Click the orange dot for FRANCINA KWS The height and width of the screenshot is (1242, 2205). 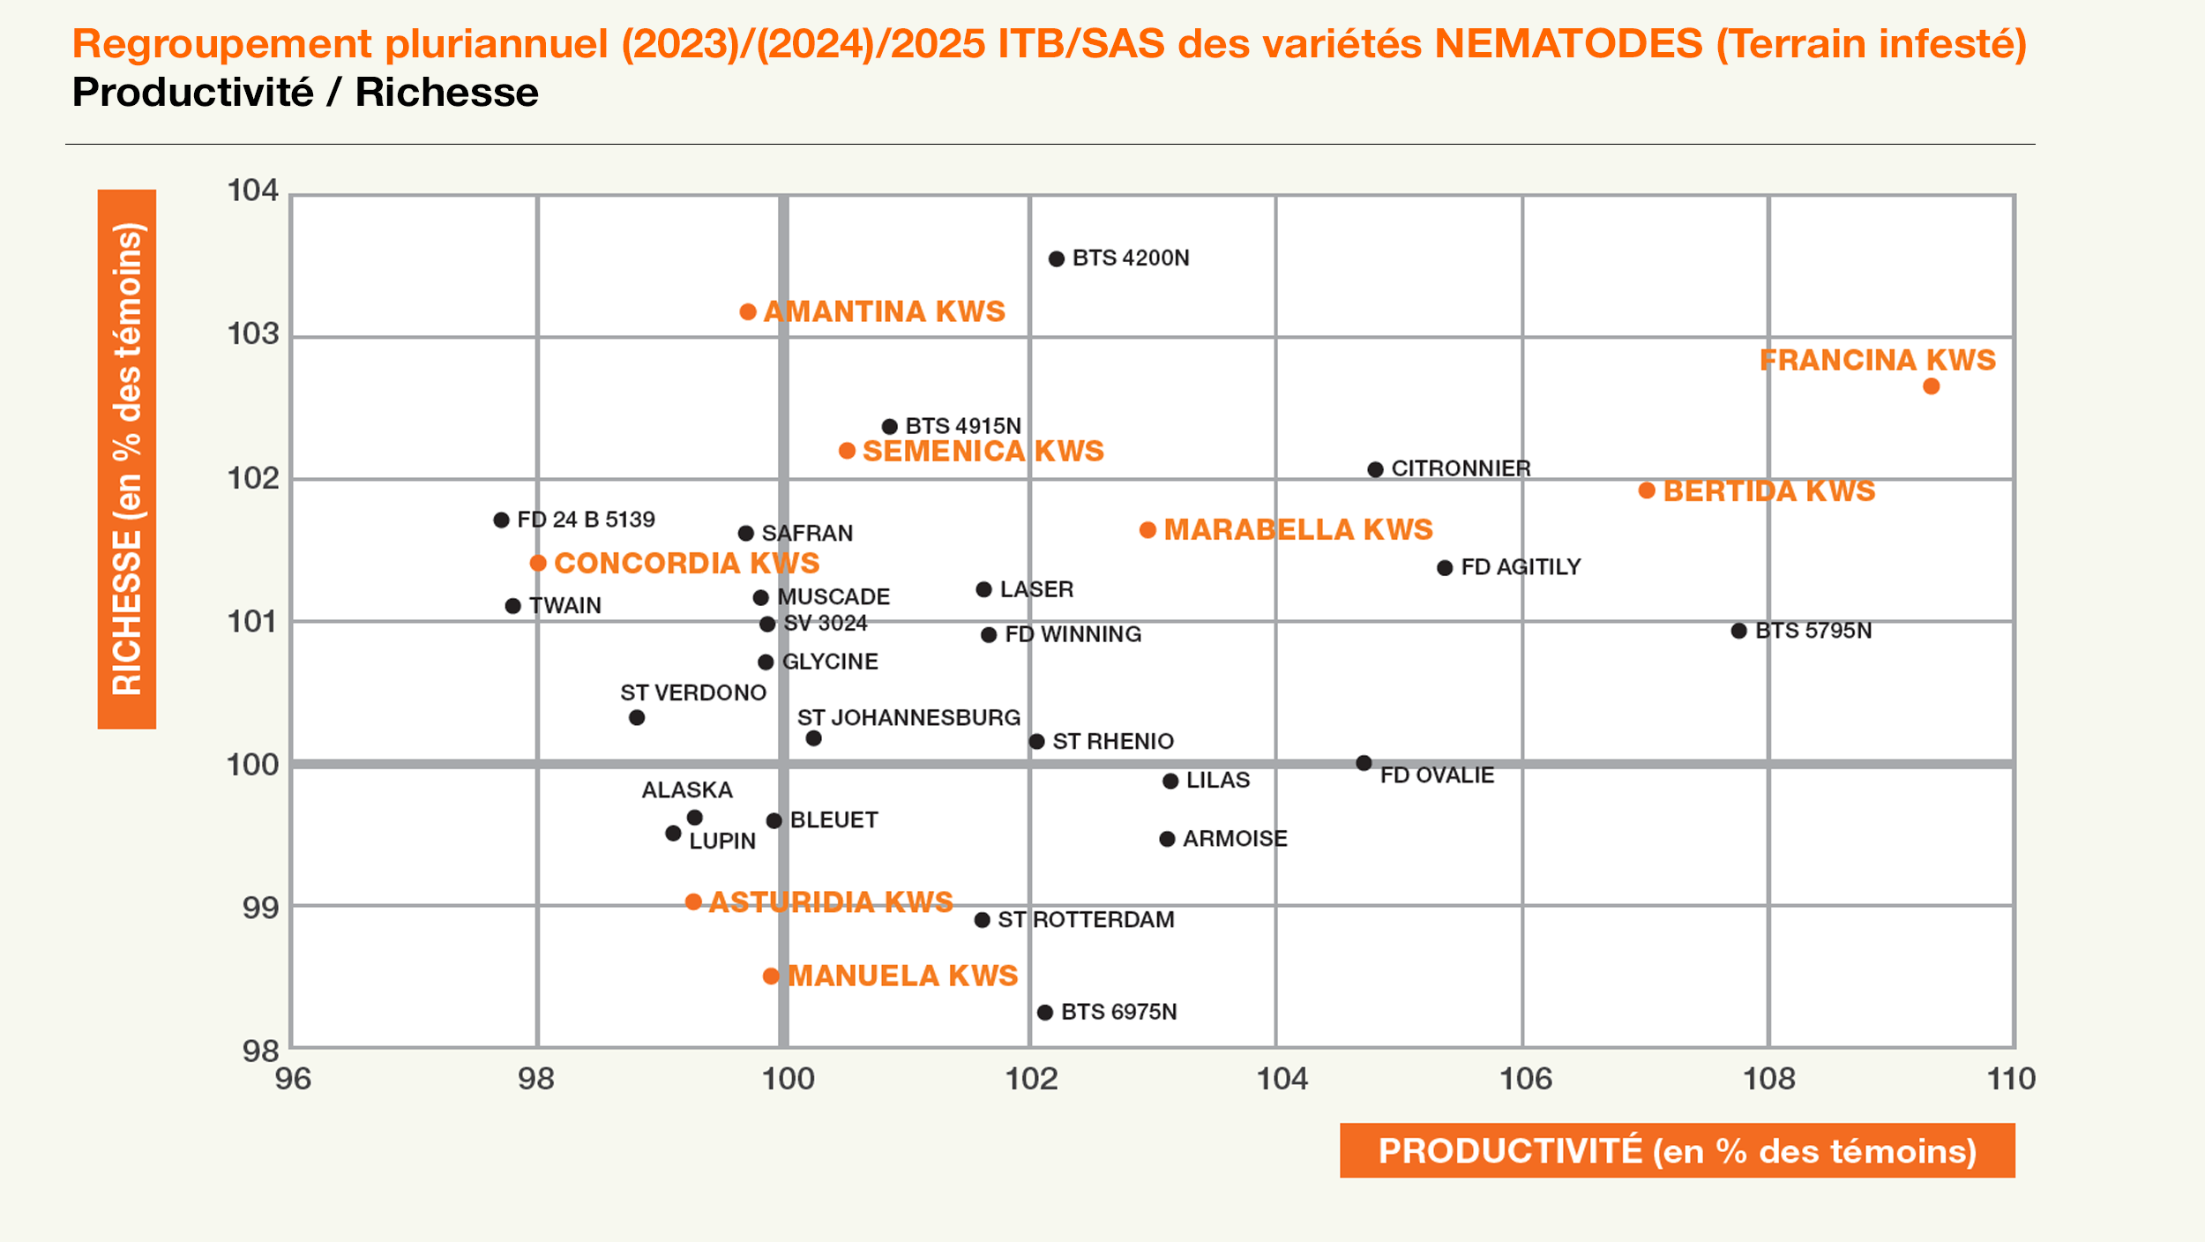point(1931,386)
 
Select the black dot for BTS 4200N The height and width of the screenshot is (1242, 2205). point(1057,258)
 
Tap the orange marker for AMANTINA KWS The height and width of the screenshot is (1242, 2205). point(748,311)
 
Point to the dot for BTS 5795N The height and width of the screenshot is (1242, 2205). point(1738,631)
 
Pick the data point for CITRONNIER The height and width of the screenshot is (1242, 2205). point(1375,469)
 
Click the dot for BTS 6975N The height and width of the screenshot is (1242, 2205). point(1045,1012)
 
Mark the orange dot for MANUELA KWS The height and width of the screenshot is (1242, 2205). point(771,976)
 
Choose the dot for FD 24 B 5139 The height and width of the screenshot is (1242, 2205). point(501,520)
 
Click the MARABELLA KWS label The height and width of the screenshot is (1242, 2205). point(1298,529)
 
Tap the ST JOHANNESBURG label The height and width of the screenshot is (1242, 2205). point(908,717)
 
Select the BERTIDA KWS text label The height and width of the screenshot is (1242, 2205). point(1769,490)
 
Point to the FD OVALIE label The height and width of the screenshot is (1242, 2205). point(1437,775)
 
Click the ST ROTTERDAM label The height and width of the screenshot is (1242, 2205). point(1086,920)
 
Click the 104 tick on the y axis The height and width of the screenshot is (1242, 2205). point(253,191)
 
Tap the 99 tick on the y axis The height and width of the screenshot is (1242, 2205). point(260,907)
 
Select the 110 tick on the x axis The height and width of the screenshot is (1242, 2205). point(2011,1079)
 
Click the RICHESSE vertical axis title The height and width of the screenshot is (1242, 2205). point(127,459)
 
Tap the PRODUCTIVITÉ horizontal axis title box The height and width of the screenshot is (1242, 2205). point(1677,1150)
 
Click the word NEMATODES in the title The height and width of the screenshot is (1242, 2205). point(1568,44)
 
